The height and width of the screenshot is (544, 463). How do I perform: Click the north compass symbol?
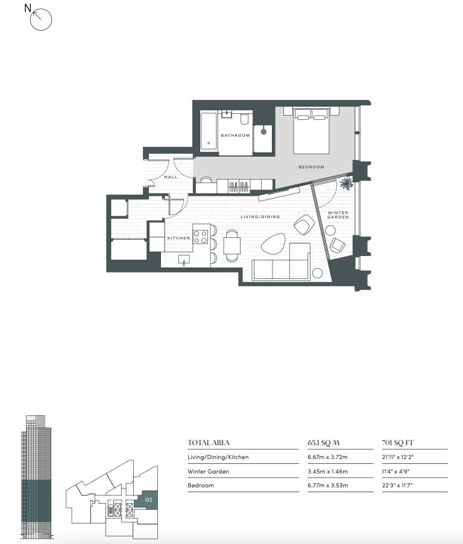(41, 19)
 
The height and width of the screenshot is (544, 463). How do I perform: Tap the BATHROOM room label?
(235, 136)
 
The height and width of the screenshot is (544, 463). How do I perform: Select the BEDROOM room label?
(311, 167)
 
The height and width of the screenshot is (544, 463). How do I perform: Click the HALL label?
(171, 177)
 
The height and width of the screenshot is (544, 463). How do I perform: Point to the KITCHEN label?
(178, 238)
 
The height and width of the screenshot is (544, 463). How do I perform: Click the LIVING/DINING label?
(260, 216)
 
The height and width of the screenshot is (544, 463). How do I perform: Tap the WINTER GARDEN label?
(338, 214)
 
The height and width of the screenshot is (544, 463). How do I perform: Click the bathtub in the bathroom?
(209, 131)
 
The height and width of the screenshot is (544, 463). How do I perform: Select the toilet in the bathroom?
(245, 118)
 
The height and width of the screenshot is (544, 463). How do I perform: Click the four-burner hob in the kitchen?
(201, 237)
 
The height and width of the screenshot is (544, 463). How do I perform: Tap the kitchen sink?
(184, 260)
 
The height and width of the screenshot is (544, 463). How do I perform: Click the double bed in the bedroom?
(311, 131)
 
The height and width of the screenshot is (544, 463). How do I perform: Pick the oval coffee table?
(273, 243)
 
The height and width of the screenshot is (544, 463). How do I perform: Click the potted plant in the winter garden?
(347, 183)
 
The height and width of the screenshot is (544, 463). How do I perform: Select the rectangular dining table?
(232, 246)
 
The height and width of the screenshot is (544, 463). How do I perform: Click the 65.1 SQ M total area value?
(324, 443)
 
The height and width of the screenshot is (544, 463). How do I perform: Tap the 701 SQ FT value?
(398, 443)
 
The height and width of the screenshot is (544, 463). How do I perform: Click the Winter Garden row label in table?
(208, 471)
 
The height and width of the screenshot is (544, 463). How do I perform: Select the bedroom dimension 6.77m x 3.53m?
(327, 485)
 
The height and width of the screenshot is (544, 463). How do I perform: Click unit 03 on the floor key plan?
(146, 500)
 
